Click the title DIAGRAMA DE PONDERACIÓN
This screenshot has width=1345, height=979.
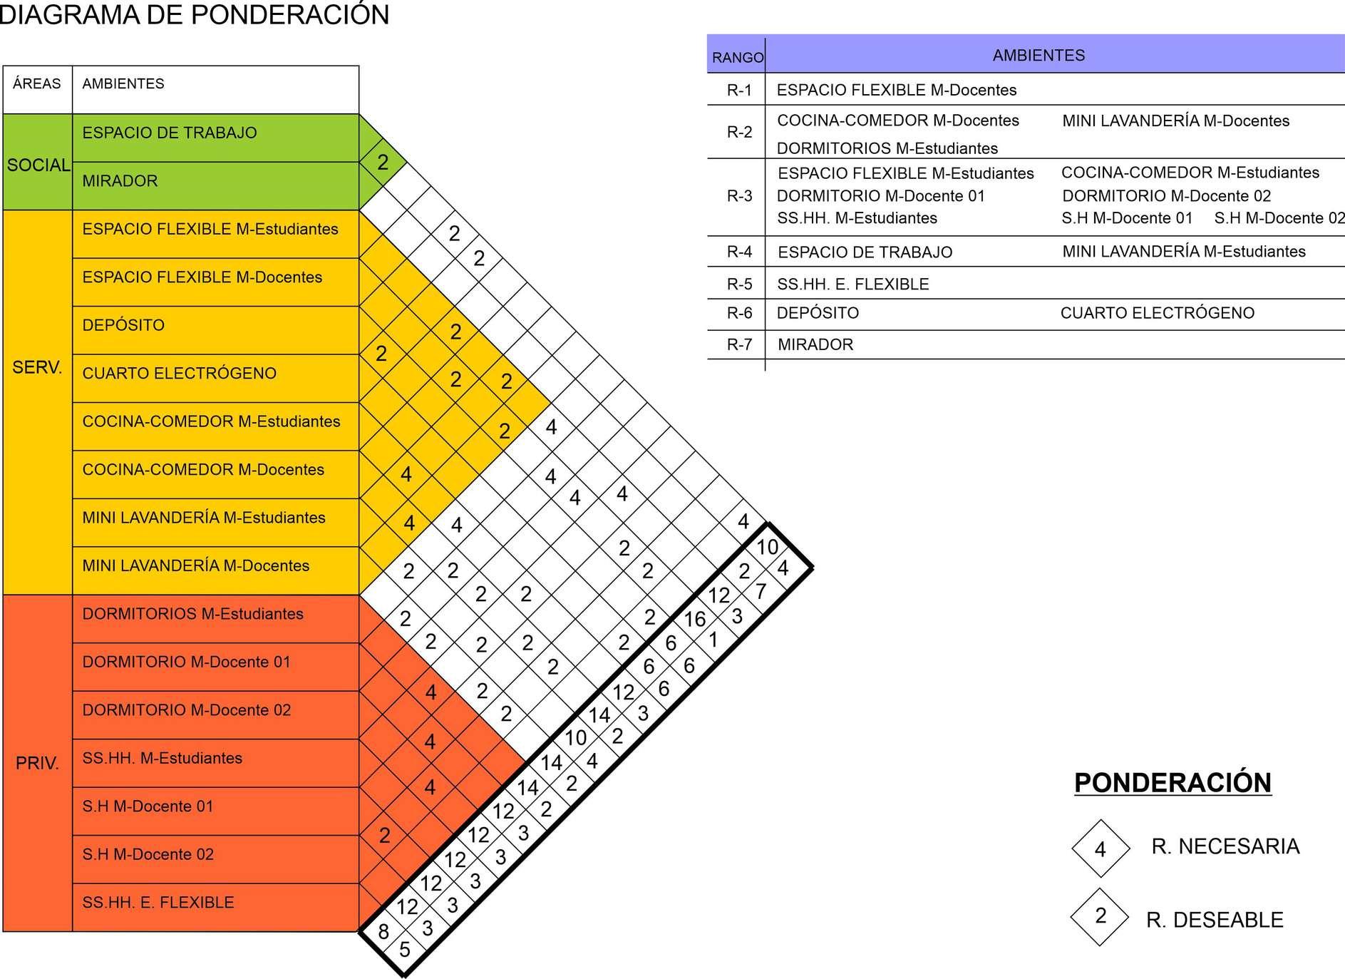(x=194, y=15)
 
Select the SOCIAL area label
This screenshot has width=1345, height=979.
(x=38, y=165)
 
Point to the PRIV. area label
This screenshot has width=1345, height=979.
(x=37, y=763)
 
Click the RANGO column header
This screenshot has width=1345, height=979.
(x=738, y=57)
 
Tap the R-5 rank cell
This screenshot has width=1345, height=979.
(x=739, y=284)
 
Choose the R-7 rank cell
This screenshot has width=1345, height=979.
(x=739, y=344)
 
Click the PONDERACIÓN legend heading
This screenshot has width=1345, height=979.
(x=1173, y=783)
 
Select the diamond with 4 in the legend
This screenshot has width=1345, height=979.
(x=1101, y=849)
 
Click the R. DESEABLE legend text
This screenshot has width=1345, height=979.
(x=1215, y=920)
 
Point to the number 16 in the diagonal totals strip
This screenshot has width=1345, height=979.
(x=695, y=619)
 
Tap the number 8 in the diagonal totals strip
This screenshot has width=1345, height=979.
(x=383, y=931)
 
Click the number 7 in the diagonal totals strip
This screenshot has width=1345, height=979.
(x=761, y=591)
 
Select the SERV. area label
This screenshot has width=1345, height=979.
(x=37, y=368)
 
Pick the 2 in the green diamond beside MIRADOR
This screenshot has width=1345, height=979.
(x=383, y=163)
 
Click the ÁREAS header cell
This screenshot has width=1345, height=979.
(x=37, y=84)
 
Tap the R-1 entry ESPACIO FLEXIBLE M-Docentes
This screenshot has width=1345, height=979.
(x=897, y=90)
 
